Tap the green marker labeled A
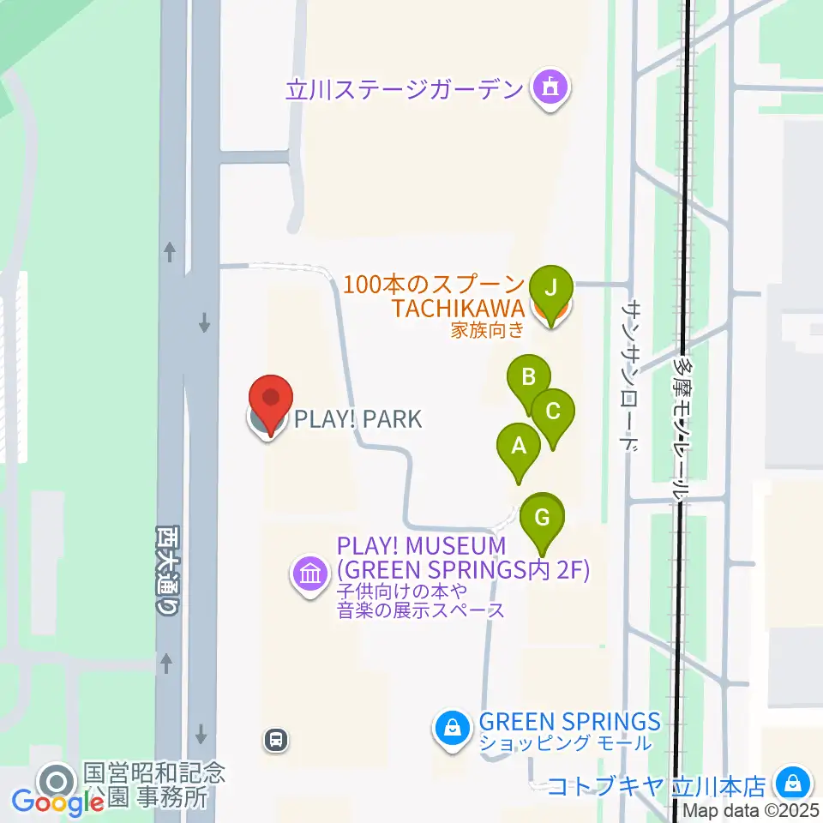[518, 448]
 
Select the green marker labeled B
[529, 379]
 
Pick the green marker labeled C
[553, 412]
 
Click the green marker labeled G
[542, 520]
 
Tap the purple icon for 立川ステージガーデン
[549, 87]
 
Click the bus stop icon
[276, 739]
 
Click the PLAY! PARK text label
[358, 419]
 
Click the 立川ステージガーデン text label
[405, 88]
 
